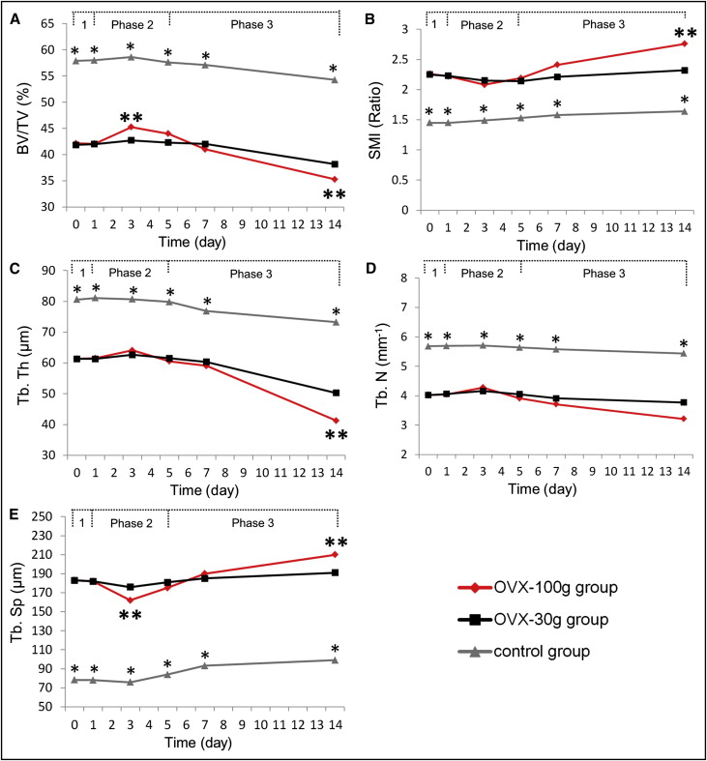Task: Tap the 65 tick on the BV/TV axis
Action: click(44, 48)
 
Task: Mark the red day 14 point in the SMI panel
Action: click(684, 44)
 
